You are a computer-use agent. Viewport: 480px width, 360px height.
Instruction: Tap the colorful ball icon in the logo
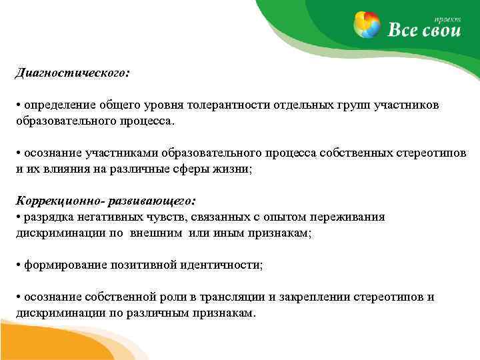point(369,25)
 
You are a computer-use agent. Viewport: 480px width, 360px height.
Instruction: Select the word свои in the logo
point(437,29)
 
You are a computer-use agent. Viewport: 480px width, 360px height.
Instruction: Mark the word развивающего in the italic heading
point(153,200)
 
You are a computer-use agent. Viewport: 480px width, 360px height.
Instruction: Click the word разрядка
point(47,217)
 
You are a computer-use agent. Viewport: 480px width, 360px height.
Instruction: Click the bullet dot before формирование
point(19,265)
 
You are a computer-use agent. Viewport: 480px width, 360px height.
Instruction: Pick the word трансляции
point(223,297)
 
